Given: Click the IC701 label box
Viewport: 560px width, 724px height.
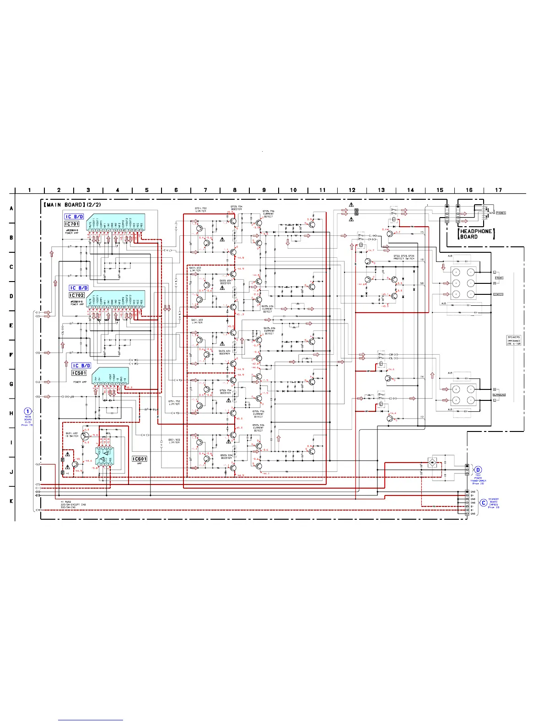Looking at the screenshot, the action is tap(72, 224).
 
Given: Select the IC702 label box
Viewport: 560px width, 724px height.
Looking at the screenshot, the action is tap(77, 295).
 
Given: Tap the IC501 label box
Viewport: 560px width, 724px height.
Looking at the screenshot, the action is tap(79, 373).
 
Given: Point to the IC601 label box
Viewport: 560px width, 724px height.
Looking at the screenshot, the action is tap(140, 459).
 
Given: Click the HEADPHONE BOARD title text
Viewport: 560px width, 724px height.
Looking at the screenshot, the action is tap(476, 234).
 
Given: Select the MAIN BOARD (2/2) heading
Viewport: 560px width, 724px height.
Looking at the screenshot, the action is tap(72, 205).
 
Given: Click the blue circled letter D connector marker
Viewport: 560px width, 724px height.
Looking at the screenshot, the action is tap(478, 470).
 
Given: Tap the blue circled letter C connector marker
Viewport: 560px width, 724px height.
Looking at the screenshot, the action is tap(484, 503).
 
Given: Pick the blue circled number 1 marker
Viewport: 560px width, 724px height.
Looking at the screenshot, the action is tap(28, 411).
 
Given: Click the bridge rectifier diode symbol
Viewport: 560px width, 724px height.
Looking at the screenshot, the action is tap(432, 463).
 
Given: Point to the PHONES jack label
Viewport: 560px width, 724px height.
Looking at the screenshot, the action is tap(501, 213).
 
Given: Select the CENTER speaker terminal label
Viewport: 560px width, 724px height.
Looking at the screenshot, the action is tap(498, 294).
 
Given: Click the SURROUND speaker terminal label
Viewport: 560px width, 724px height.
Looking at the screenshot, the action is tap(499, 395).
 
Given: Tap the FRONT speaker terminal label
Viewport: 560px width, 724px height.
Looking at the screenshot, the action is tap(499, 278).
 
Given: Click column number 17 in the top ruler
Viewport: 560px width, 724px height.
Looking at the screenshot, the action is tap(498, 190).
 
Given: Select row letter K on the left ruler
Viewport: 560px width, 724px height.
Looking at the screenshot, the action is tap(11, 501).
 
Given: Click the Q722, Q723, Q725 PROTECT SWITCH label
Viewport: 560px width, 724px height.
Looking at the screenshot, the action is tap(404, 257).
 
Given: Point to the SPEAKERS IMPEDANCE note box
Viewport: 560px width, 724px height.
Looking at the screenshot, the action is tap(514, 341).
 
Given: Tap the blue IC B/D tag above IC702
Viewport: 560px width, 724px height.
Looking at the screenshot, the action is tap(79, 288).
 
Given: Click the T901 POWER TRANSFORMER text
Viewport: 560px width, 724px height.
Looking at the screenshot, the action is tap(478, 479).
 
